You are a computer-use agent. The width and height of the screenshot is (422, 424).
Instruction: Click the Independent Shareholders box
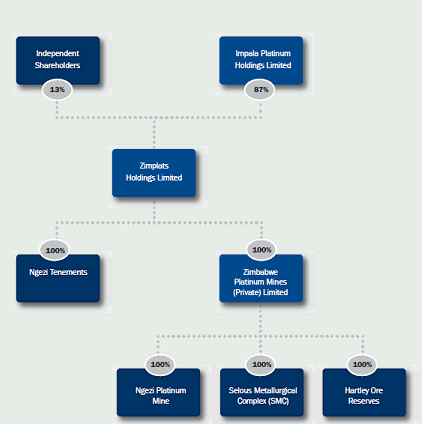[x=58, y=60]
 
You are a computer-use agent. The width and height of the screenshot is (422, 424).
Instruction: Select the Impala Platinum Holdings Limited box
[x=261, y=60]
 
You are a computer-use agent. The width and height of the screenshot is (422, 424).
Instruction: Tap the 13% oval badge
[x=57, y=90]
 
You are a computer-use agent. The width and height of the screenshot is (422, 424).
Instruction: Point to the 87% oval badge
[x=260, y=90]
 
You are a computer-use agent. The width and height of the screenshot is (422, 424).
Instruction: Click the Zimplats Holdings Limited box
[x=154, y=173]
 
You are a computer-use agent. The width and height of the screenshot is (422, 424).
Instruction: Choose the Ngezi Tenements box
[x=58, y=278]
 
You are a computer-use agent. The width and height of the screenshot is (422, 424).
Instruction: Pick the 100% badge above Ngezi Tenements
[x=55, y=250]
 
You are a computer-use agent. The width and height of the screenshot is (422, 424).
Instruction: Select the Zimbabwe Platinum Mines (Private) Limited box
[x=261, y=278]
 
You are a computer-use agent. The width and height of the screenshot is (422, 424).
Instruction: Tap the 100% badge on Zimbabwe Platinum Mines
[x=261, y=250]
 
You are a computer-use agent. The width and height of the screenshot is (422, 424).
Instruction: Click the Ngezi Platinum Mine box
[x=159, y=392]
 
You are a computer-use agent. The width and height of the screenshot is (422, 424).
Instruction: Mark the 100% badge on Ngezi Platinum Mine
[x=160, y=365]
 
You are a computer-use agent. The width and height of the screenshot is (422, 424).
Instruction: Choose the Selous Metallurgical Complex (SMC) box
[x=262, y=392]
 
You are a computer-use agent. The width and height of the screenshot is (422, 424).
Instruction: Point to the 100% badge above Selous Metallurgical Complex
[x=261, y=365]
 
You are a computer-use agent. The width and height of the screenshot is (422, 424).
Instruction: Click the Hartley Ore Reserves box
[x=364, y=392]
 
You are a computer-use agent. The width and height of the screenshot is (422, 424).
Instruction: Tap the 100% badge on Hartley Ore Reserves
[x=362, y=365]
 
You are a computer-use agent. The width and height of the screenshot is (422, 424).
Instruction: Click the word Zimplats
[x=154, y=166]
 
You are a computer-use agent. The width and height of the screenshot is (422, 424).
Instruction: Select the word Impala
[x=247, y=54]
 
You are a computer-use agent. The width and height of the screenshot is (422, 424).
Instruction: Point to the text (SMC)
[x=279, y=401]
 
